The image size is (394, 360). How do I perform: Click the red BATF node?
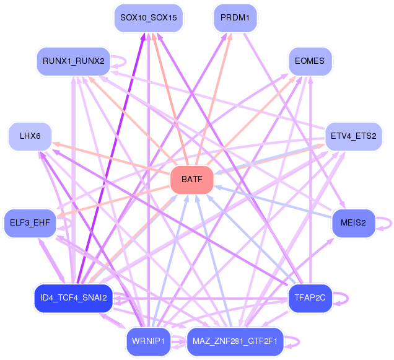pos(192,180)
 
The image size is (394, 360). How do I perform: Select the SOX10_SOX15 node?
pos(149,18)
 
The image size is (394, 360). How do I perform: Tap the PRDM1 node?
pos(235,18)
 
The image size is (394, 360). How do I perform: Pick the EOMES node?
pos(310,61)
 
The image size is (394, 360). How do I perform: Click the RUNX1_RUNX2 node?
pos(73,61)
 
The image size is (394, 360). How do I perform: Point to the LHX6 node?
pos(30,136)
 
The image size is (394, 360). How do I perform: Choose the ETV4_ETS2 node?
pos(354,136)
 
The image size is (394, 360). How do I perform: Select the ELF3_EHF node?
pos(30,223)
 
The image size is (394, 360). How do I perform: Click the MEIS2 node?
pos(353,223)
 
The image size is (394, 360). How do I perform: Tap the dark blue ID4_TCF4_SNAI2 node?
pos(73,299)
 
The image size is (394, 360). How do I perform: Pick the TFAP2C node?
pos(310,299)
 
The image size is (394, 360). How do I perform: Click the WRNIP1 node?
pos(149,341)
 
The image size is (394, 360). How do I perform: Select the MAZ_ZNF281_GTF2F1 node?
pos(235,341)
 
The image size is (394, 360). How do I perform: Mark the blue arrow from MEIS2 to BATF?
pos(273,202)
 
